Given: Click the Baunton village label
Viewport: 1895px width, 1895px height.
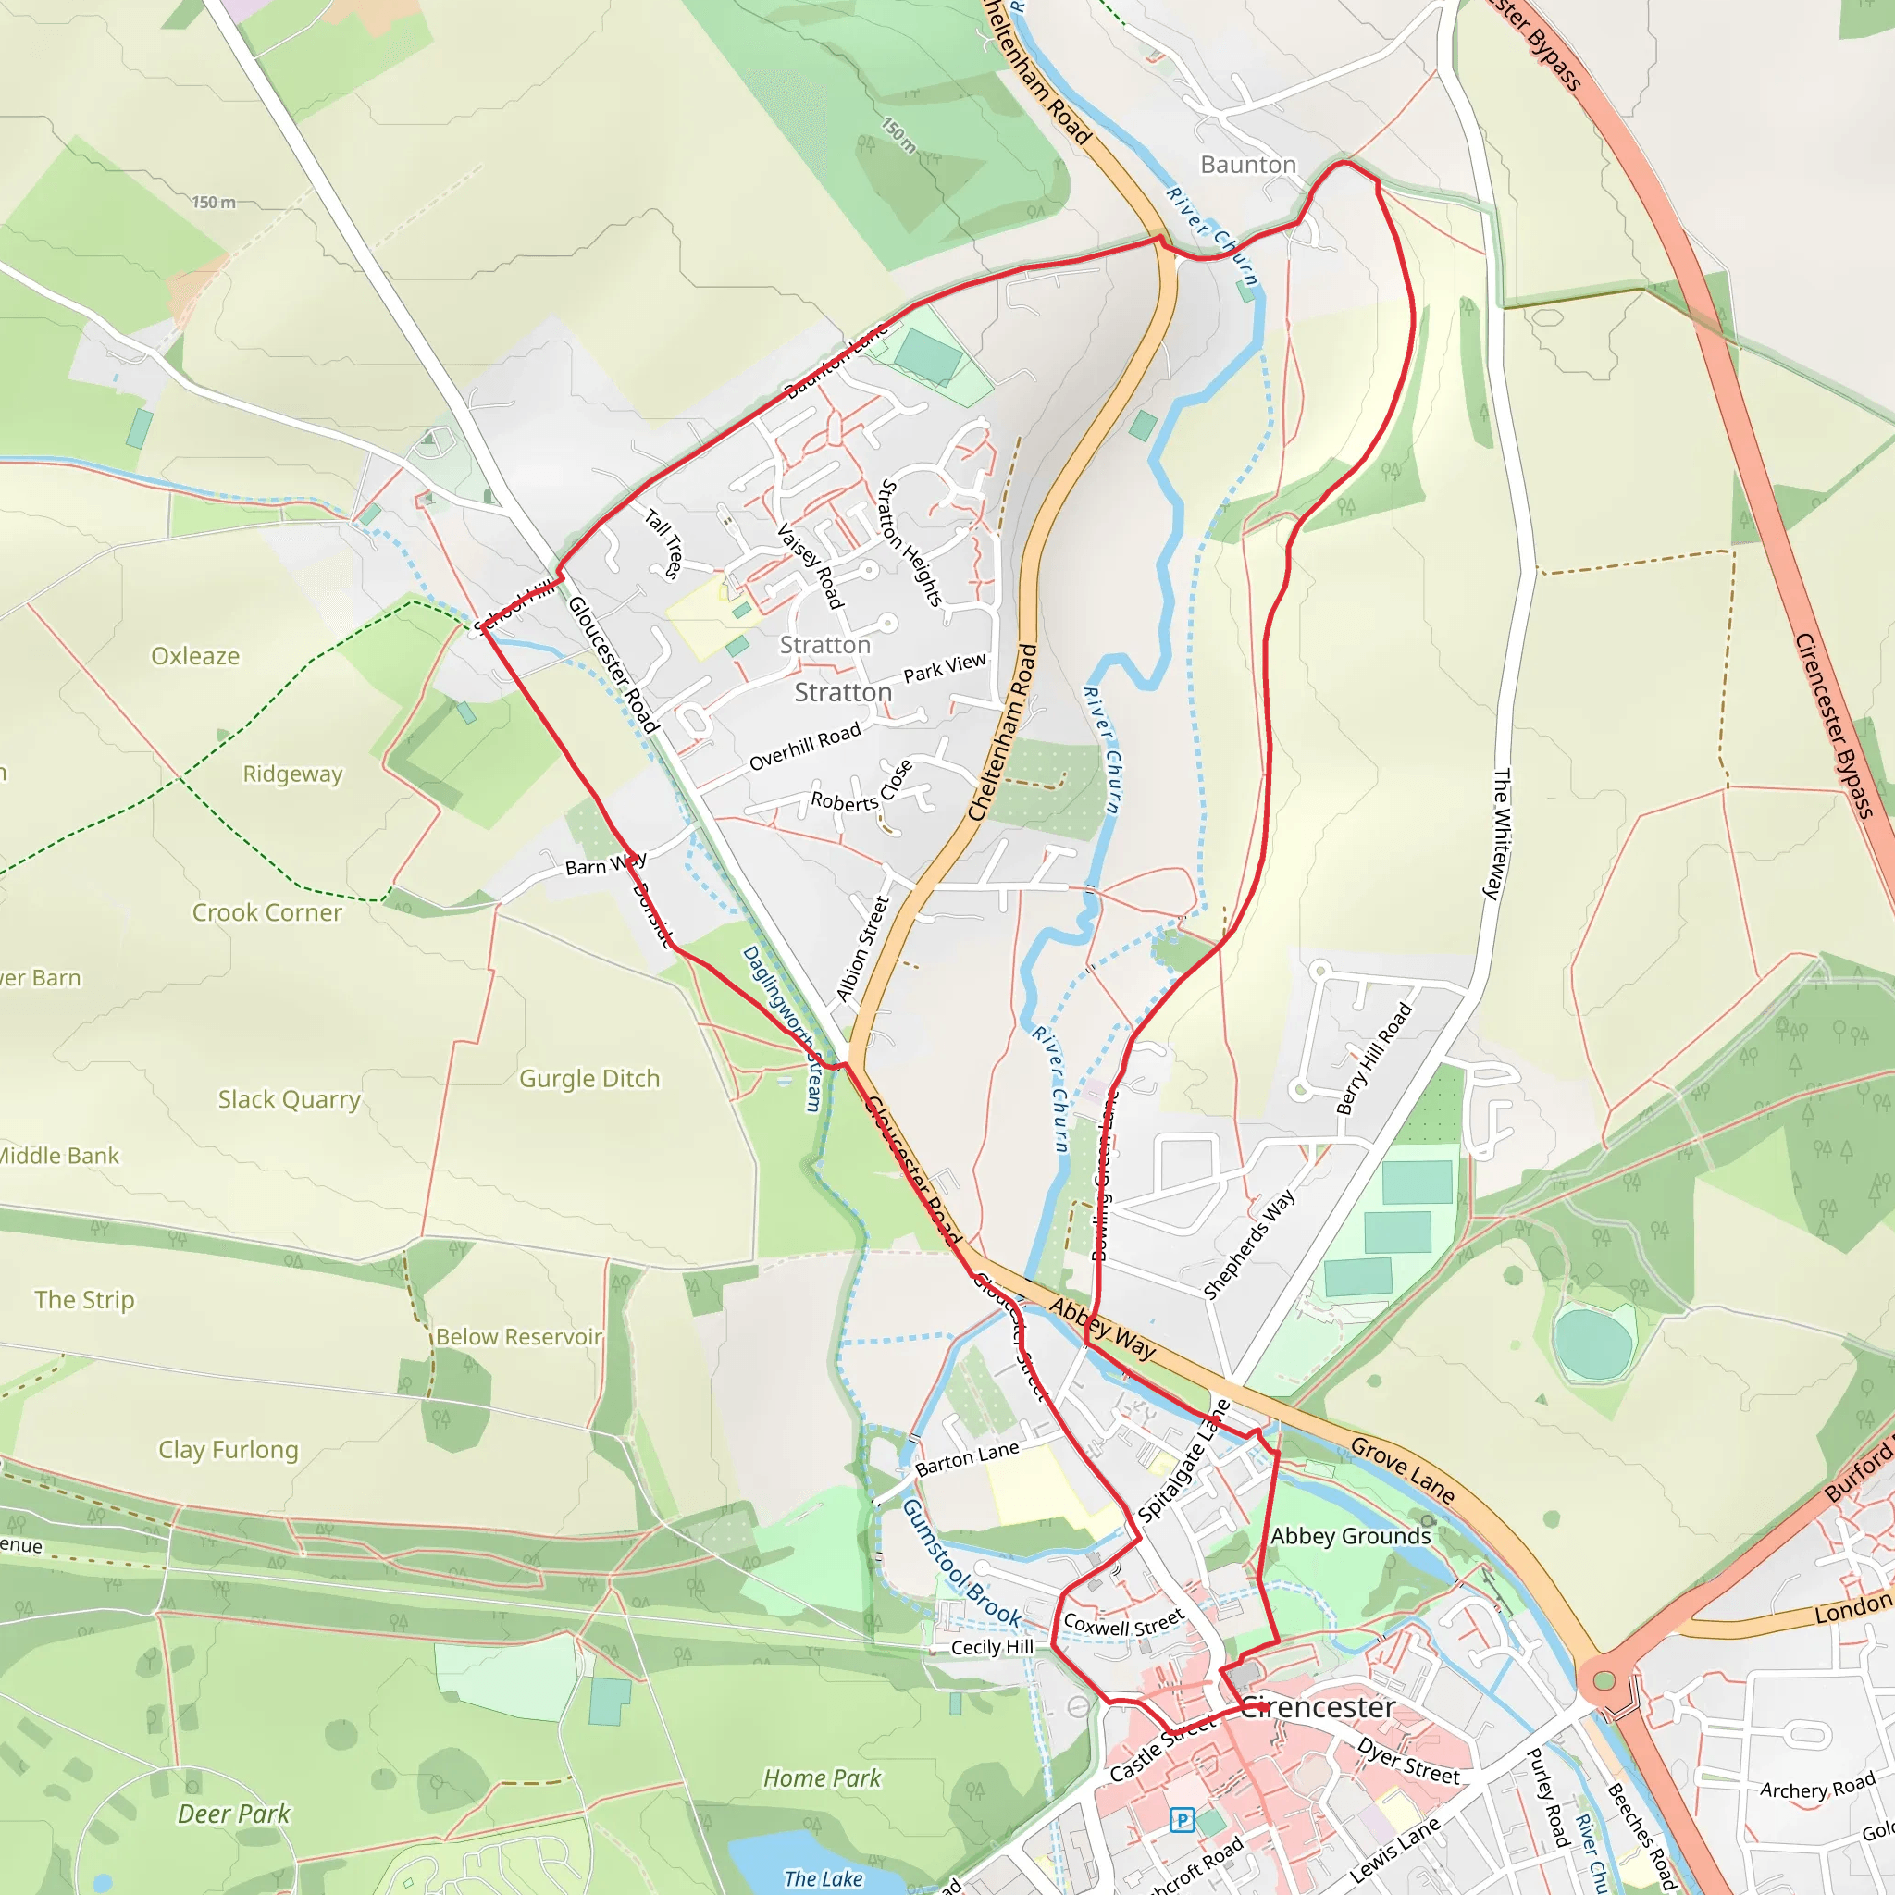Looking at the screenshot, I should coord(1247,165).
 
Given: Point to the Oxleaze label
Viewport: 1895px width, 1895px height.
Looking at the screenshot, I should coord(195,656).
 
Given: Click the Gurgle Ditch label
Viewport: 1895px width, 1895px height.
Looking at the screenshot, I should coord(589,1079).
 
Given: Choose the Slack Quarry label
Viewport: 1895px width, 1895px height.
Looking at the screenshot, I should coord(290,1099).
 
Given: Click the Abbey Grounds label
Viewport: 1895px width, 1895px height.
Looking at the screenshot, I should coord(1351,1537).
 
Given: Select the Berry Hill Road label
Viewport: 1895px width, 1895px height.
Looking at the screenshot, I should coord(1374,1059).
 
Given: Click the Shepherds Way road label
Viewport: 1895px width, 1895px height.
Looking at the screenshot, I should coord(1248,1244).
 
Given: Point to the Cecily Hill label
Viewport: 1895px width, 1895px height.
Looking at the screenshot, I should coord(992,1647).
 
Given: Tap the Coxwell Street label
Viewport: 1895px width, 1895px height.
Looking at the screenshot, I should coord(1123,1624).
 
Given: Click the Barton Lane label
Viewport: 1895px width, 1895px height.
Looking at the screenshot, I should coord(966,1459).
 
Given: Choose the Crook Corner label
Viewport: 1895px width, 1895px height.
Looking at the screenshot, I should coord(266,913).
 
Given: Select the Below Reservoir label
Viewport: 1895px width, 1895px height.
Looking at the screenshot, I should coord(519,1337).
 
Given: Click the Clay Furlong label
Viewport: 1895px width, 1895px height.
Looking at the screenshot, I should coord(229,1450).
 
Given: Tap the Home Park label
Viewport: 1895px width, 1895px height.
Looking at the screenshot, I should coord(822,1778).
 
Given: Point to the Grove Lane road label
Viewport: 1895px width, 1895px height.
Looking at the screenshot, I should coord(1402,1469).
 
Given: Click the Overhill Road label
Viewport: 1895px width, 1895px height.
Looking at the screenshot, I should coord(804,747).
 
